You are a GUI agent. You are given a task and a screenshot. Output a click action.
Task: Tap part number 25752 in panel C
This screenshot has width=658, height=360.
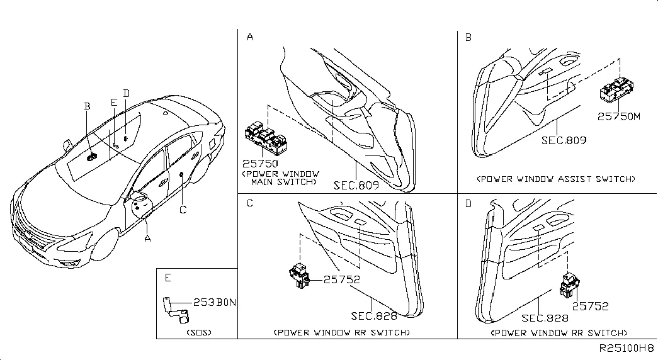pyautogui.click(x=343, y=279)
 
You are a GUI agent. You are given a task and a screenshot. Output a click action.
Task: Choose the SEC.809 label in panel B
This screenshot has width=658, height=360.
pyautogui.click(x=564, y=140)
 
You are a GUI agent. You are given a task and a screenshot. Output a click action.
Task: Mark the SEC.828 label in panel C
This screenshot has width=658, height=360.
pyautogui.click(x=375, y=316)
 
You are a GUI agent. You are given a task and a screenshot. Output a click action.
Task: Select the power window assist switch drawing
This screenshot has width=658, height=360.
pyautogui.click(x=620, y=89)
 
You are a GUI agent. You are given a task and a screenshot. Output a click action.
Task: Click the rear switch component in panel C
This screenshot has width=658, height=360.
pyautogui.click(x=300, y=275)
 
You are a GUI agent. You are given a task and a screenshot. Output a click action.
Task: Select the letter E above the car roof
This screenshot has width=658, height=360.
pyautogui.click(x=113, y=103)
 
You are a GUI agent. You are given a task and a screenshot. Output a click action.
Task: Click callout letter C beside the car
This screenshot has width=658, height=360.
pyautogui.click(x=183, y=210)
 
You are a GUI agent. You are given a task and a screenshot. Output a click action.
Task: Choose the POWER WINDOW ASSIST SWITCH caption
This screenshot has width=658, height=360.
pyautogui.click(x=556, y=179)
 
